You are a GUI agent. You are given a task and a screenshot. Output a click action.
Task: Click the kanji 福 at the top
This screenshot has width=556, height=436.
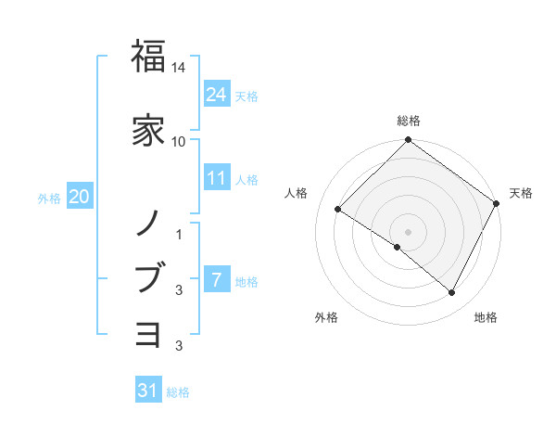click(148, 58)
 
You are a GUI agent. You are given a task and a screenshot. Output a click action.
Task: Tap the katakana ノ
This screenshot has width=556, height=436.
click(148, 223)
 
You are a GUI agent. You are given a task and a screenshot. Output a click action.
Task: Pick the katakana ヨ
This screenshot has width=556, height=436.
click(148, 332)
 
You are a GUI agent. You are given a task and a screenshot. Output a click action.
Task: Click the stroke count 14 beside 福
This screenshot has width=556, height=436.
click(179, 69)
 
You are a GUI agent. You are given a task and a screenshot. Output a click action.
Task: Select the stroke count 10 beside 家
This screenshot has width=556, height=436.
click(179, 141)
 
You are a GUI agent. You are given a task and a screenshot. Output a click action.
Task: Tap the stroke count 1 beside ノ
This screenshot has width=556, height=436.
click(179, 236)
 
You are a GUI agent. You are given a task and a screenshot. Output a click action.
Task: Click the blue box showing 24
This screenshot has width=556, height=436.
click(217, 94)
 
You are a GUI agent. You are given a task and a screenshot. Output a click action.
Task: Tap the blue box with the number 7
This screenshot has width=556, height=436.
click(217, 279)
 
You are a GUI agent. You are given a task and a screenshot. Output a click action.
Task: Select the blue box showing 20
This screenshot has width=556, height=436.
click(80, 196)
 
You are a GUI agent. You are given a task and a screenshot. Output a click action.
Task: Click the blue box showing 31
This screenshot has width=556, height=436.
click(148, 391)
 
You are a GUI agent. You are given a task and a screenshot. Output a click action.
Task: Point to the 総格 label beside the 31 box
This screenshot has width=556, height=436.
click(178, 392)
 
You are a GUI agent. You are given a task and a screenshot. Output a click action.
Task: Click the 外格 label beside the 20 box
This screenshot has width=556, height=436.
click(49, 198)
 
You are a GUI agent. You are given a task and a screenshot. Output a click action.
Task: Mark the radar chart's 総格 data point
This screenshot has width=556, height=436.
click(408, 141)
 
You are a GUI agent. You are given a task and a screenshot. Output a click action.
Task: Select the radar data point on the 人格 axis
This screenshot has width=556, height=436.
click(338, 210)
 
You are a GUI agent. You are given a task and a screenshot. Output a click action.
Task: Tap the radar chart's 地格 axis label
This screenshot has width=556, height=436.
click(486, 318)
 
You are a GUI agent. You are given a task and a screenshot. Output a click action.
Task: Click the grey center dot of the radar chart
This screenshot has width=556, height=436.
click(408, 231)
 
